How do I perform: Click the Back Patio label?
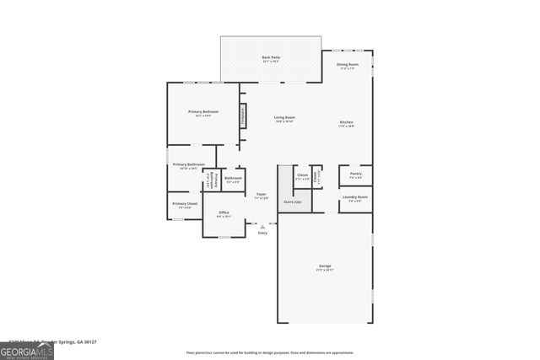tap(271, 58)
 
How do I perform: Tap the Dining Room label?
tap(348, 65)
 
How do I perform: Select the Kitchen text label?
tap(346, 122)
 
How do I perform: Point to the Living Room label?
tap(283, 118)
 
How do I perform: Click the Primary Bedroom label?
tap(203, 113)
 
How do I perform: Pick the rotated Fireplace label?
tap(243, 116)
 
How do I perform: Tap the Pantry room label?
tap(355, 175)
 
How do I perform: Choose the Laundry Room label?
tap(355, 198)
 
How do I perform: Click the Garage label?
tap(325, 266)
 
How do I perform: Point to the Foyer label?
tap(262, 195)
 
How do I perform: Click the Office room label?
tap(224, 212)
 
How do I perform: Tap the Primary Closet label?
tap(185, 204)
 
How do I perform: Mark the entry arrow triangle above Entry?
tap(262, 226)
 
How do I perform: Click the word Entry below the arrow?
tap(262, 233)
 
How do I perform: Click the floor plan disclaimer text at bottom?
tap(270, 353)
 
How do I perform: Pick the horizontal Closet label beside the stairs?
tap(302, 175)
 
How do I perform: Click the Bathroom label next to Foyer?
tap(233, 179)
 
